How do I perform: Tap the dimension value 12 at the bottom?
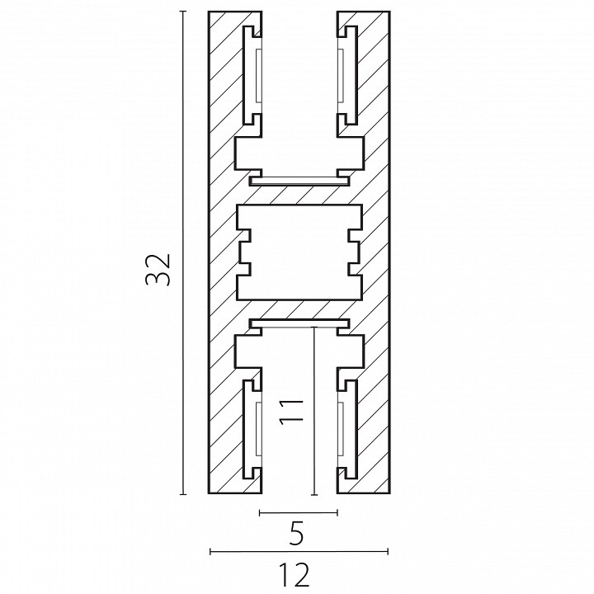299,573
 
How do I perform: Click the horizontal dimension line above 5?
298,512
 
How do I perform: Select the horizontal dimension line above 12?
299,550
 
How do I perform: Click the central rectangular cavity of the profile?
298,252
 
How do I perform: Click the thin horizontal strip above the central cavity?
298,177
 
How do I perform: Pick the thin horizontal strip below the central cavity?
298,323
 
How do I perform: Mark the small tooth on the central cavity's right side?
353,252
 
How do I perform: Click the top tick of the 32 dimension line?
182,12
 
